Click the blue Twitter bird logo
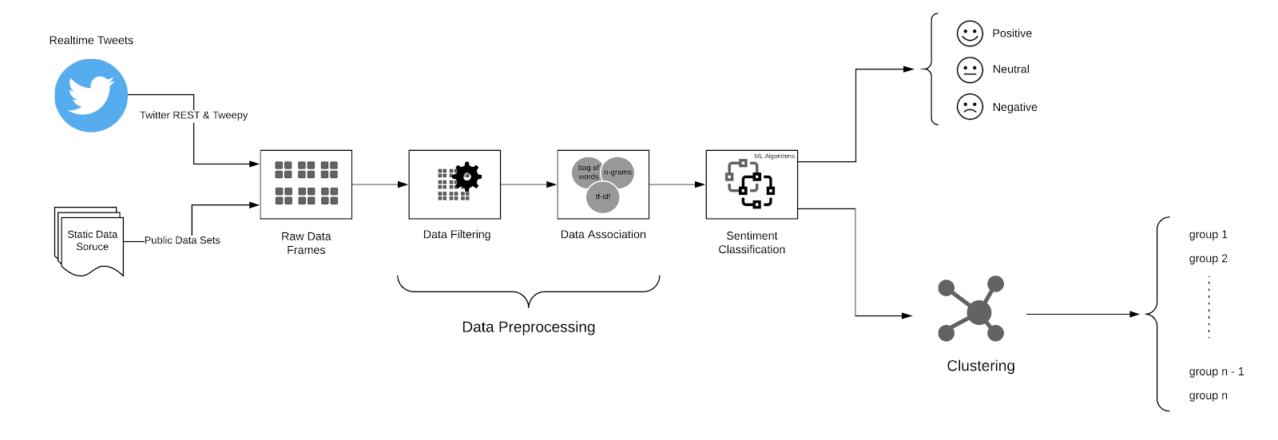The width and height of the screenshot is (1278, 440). (x=91, y=95)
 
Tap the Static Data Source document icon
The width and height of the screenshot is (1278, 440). (x=91, y=242)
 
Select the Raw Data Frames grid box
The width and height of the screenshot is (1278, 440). (x=306, y=184)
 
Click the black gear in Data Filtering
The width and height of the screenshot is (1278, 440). (x=466, y=176)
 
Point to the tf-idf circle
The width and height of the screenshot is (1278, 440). (x=602, y=196)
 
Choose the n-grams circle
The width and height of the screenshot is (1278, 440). (x=618, y=172)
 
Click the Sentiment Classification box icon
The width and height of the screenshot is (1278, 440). (x=751, y=184)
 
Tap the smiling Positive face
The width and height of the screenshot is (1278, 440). (x=970, y=34)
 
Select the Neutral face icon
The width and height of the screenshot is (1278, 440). (x=970, y=69)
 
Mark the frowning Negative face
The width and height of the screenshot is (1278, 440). (x=970, y=107)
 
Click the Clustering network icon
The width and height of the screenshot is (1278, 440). (x=971, y=310)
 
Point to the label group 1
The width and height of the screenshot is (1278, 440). (x=1208, y=235)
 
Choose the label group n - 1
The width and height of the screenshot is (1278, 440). (x=1216, y=371)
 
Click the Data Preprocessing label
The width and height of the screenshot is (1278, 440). (x=528, y=327)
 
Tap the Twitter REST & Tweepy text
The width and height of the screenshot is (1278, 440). (x=193, y=115)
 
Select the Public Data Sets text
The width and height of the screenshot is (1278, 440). (x=182, y=240)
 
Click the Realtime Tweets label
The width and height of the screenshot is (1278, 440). (x=91, y=40)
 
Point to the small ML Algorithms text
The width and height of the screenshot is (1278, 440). (x=774, y=157)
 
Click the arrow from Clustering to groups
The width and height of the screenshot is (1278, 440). (x=1082, y=314)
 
